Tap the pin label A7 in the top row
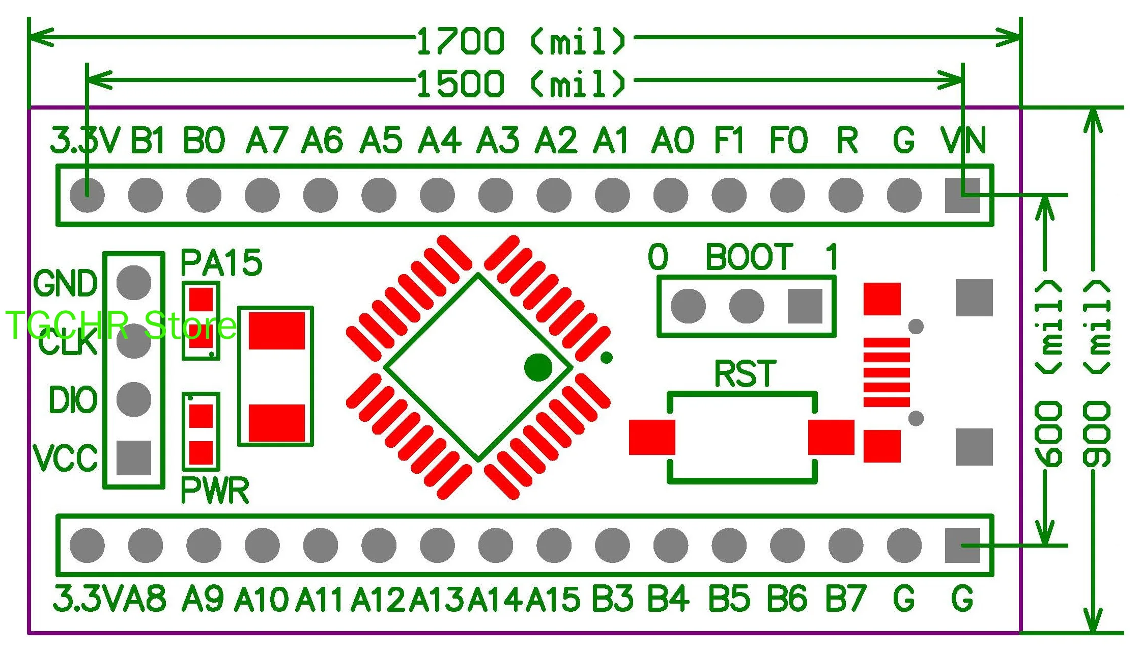(266, 140)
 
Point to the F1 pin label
(729, 140)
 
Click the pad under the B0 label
(204, 195)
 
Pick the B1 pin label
(148, 140)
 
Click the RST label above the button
(745, 373)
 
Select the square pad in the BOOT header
(805, 306)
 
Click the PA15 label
(221, 263)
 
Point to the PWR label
(215, 491)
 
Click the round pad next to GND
(134, 283)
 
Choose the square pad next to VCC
(134, 457)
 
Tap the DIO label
(73, 399)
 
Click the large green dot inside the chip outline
(538, 367)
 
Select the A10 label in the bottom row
(261, 599)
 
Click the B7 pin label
(845, 599)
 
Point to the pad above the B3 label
(612, 545)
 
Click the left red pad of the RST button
(652, 437)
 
